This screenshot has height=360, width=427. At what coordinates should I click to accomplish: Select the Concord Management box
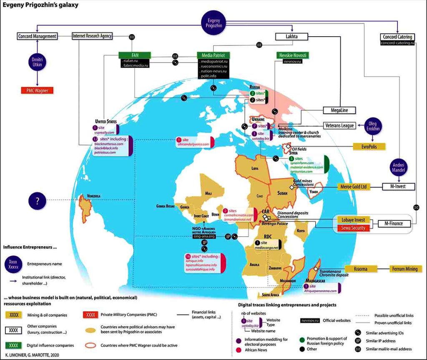coord(37,36)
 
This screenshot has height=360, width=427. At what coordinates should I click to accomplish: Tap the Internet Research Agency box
coord(92,36)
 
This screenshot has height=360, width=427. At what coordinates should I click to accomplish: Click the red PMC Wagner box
coord(38,90)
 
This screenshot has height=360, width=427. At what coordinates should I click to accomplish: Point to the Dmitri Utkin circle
coord(38,62)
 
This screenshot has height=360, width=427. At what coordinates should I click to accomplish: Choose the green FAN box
coord(134,55)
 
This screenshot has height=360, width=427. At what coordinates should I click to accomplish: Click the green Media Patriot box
coord(213,55)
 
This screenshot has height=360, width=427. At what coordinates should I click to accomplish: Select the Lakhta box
coord(292,37)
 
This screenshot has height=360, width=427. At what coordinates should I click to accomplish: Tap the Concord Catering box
coord(397,37)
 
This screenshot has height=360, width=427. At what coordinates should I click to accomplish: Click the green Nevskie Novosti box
coord(292,55)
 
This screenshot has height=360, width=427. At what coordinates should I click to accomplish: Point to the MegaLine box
coord(339,110)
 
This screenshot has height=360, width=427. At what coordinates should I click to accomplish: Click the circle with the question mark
coord(37,202)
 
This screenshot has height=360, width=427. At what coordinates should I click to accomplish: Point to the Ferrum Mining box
coord(404,269)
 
